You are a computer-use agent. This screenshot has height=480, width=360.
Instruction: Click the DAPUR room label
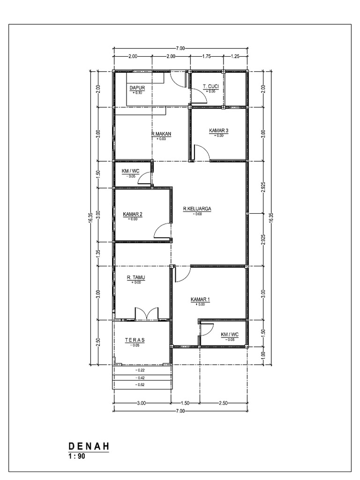click(x=137, y=88)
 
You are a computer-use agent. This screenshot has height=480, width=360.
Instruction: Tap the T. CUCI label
click(x=210, y=87)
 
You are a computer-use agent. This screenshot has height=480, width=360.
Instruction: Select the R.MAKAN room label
click(x=161, y=134)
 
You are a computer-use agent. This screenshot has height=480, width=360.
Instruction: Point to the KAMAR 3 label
click(x=218, y=130)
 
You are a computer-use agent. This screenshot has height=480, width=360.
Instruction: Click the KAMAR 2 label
click(x=133, y=214)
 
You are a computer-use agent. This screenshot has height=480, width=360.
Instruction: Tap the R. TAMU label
click(x=136, y=277)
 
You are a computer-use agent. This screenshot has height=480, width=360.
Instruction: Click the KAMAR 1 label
click(x=200, y=300)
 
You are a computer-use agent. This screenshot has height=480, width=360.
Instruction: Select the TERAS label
click(x=135, y=340)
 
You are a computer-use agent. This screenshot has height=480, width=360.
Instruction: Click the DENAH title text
click(x=89, y=446)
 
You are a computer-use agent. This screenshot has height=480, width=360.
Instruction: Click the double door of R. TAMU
click(x=147, y=314)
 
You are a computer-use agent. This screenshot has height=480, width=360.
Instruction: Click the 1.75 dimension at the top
click(x=207, y=56)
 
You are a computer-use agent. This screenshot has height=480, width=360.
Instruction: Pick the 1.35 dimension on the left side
click(x=98, y=254)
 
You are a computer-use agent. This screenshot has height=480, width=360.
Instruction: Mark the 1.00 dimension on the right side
click(x=264, y=355)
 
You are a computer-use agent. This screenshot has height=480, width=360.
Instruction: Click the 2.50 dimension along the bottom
click(x=224, y=403)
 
